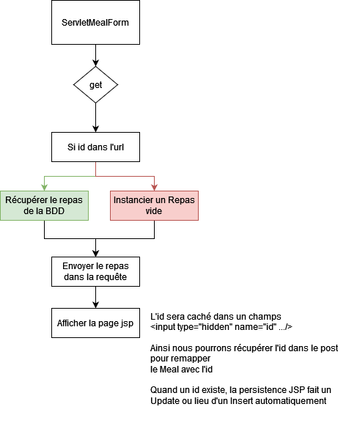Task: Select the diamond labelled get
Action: click(x=96, y=85)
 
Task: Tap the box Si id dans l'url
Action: click(x=96, y=147)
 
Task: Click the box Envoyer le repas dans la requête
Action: click(x=96, y=271)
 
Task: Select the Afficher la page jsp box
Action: click(x=96, y=323)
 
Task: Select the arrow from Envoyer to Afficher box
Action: click(x=96, y=298)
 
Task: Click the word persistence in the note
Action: click(x=263, y=390)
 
